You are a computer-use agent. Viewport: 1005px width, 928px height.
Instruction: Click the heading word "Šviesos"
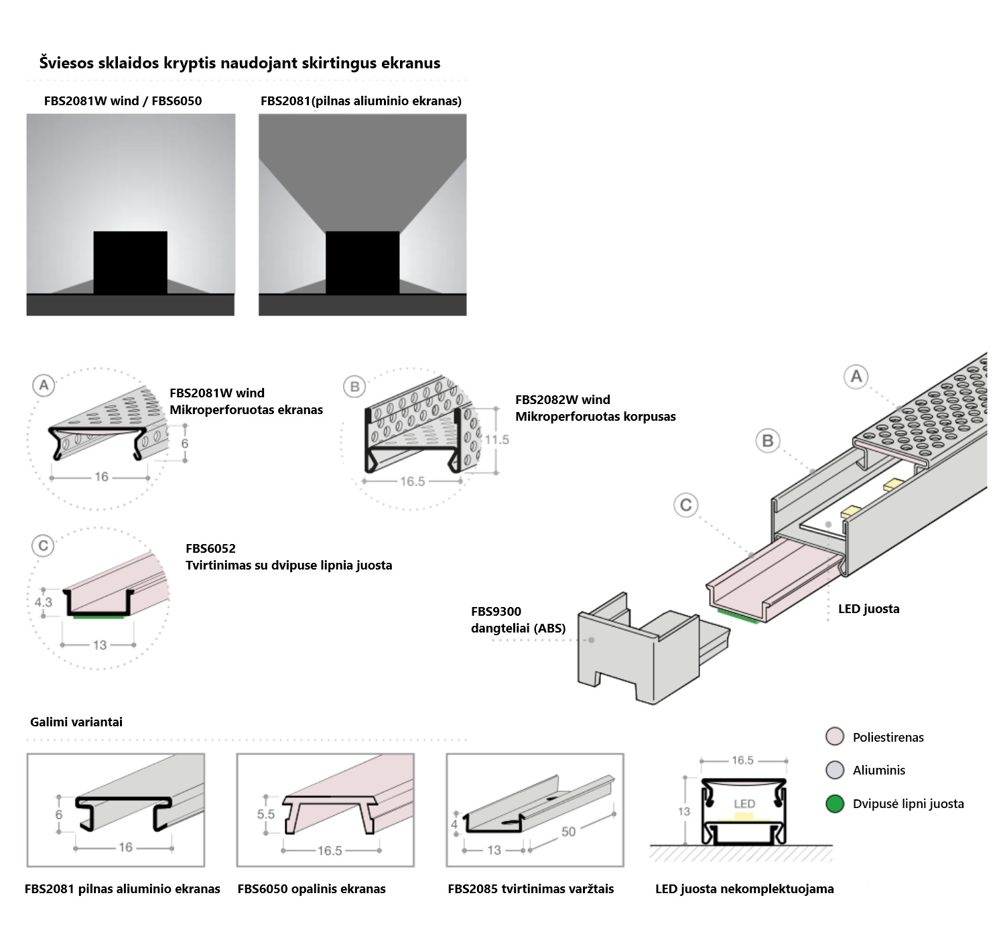pyautogui.click(x=66, y=63)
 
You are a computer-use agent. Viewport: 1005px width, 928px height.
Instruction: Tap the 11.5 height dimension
pyautogui.click(x=497, y=440)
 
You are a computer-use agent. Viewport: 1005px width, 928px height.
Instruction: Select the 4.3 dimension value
pyautogui.click(x=43, y=602)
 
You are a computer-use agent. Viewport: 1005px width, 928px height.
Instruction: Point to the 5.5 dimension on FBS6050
pyautogui.click(x=266, y=814)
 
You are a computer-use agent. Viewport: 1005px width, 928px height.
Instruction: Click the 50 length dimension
pyautogui.click(x=568, y=832)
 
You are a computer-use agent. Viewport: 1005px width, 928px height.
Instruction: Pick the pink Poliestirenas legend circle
pyautogui.click(x=835, y=737)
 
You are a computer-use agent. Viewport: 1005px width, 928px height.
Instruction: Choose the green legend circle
pyautogui.click(x=835, y=803)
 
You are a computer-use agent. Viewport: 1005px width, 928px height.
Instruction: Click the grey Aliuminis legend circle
pyautogui.click(x=835, y=770)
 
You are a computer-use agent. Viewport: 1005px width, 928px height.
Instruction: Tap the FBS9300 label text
pyautogui.click(x=496, y=611)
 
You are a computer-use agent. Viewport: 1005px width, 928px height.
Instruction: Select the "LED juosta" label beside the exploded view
pyautogui.click(x=868, y=609)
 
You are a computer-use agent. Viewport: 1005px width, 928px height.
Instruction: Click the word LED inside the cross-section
pyautogui.click(x=744, y=803)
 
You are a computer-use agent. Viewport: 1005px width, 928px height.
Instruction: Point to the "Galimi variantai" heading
pyautogui.click(x=76, y=722)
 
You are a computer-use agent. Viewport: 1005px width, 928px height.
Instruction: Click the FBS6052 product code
pyautogui.click(x=210, y=549)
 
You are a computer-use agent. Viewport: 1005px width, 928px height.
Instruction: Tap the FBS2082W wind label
pyautogui.click(x=563, y=400)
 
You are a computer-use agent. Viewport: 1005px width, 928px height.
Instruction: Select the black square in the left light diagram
pyautogui.click(x=130, y=263)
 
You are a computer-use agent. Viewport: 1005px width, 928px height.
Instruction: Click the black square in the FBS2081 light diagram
pyautogui.click(x=362, y=263)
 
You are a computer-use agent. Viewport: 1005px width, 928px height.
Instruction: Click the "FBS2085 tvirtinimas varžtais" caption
pyautogui.click(x=531, y=889)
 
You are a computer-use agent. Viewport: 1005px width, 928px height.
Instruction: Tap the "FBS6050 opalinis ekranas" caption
pyautogui.click(x=312, y=889)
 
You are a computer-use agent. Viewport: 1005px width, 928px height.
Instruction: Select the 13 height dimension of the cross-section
pyautogui.click(x=683, y=811)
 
